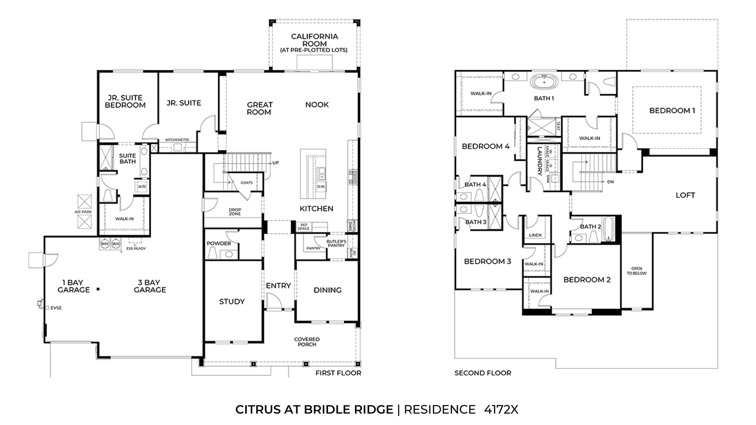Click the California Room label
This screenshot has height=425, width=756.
[314, 40]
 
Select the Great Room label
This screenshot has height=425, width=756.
[259, 108]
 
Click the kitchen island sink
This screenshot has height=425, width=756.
[321, 174]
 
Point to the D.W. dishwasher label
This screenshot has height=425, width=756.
[321, 187]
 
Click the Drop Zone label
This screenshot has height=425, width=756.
[235, 212]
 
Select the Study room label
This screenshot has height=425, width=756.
[232, 301]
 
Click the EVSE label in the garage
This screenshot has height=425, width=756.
[56, 308]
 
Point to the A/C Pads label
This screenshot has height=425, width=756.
[83, 212]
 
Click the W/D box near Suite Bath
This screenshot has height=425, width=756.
[142, 187]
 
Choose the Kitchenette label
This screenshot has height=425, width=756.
[177, 140]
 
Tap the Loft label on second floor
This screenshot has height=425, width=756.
[685, 195]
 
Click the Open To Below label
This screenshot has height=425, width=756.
[636, 271]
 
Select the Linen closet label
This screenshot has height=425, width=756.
[535, 235]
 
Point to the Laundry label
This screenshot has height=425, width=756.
[539, 161]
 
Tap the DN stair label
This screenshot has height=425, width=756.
[610, 181]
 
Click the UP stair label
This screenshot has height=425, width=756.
[275, 163]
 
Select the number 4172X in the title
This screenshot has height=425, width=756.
[501, 409]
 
